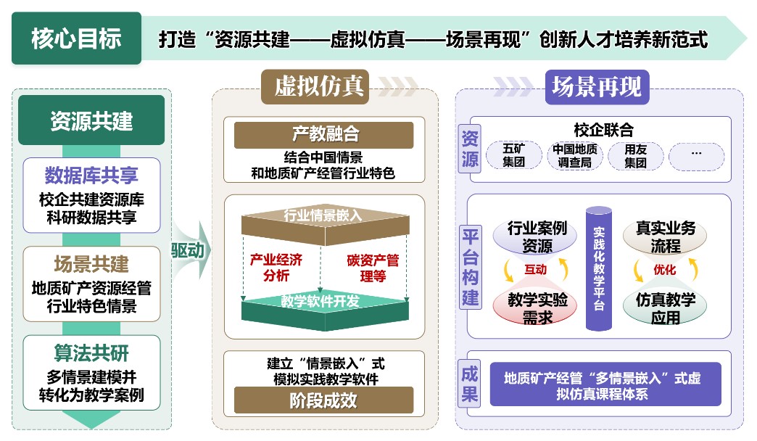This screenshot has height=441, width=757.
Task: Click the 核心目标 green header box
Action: pyautogui.click(x=76, y=38)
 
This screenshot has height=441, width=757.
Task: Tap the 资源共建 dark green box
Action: pyautogui.click(x=91, y=120)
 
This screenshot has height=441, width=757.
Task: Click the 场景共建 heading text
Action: pyautogui.click(x=91, y=263)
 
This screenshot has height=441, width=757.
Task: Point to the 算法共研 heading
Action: pyautogui.click(x=91, y=353)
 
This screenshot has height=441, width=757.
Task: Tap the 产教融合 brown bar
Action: pyautogui.click(x=323, y=135)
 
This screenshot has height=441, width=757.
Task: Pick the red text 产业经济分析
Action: pyautogui.click(x=275, y=267)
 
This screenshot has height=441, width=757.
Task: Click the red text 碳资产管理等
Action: pyautogui.click(x=372, y=267)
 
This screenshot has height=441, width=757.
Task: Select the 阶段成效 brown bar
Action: pyautogui.click(x=323, y=400)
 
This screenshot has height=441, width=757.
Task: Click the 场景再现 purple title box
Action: pyautogui.click(x=596, y=87)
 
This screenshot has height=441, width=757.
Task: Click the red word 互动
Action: pyautogui.click(x=537, y=270)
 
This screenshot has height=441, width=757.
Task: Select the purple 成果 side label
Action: pyautogui.click(x=470, y=384)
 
